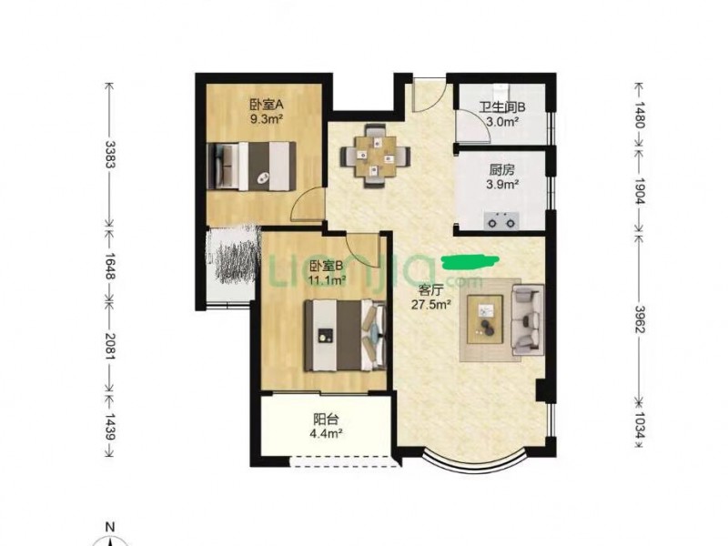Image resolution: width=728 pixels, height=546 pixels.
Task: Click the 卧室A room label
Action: pos(267,106)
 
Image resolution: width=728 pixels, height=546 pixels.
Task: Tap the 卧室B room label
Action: pos(327,266)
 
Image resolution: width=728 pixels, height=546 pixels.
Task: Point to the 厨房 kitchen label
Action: pos(502,170)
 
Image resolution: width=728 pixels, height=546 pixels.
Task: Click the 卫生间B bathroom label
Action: pos(502,107)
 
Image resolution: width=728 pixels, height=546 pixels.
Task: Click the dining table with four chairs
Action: pos(375,156)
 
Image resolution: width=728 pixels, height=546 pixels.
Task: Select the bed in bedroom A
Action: pos(251,167)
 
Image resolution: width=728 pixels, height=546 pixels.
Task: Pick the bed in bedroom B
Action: pos(345,335)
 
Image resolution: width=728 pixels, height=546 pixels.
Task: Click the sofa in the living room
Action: pos(528,320)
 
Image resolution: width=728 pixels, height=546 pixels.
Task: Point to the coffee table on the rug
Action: pos(485,319)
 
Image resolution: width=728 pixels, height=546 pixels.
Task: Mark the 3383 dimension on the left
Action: pos(110,155)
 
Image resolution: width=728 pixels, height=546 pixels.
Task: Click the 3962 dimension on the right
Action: pos(640,319)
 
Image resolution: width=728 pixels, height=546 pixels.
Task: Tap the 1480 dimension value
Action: pos(640,115)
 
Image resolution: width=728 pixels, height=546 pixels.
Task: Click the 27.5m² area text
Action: pos(431,305)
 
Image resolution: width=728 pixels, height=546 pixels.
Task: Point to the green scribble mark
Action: pos(470,262)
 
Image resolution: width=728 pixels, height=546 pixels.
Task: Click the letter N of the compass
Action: pos(110,527)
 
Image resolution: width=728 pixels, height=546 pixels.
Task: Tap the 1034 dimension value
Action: pos(640,426)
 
